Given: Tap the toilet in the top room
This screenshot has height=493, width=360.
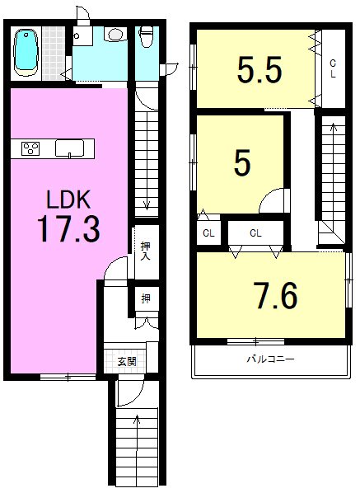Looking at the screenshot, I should [146, 37].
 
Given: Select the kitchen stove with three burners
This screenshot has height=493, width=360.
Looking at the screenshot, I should [31, 149].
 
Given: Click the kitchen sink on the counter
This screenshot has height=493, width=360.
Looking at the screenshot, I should [68, 149].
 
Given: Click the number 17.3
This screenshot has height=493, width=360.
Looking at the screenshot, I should [68, 228].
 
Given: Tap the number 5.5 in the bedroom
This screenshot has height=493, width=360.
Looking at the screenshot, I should [259, 70].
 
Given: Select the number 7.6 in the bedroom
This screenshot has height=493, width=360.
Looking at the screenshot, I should [276, 296].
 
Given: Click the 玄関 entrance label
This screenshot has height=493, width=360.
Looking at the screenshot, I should [126, 361].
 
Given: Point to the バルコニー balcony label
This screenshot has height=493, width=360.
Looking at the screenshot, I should [270, 359].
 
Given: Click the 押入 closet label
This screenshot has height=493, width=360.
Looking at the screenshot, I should [145, 250].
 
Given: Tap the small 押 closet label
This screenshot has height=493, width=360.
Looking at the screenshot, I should [145, 298].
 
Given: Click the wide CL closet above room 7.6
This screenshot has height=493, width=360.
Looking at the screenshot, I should [255, 233].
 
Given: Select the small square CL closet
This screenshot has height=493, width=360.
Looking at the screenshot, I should [208, 233].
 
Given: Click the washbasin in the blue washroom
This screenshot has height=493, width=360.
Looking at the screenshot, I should [115, 35].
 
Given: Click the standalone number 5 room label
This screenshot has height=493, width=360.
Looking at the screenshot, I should [241, 162].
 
